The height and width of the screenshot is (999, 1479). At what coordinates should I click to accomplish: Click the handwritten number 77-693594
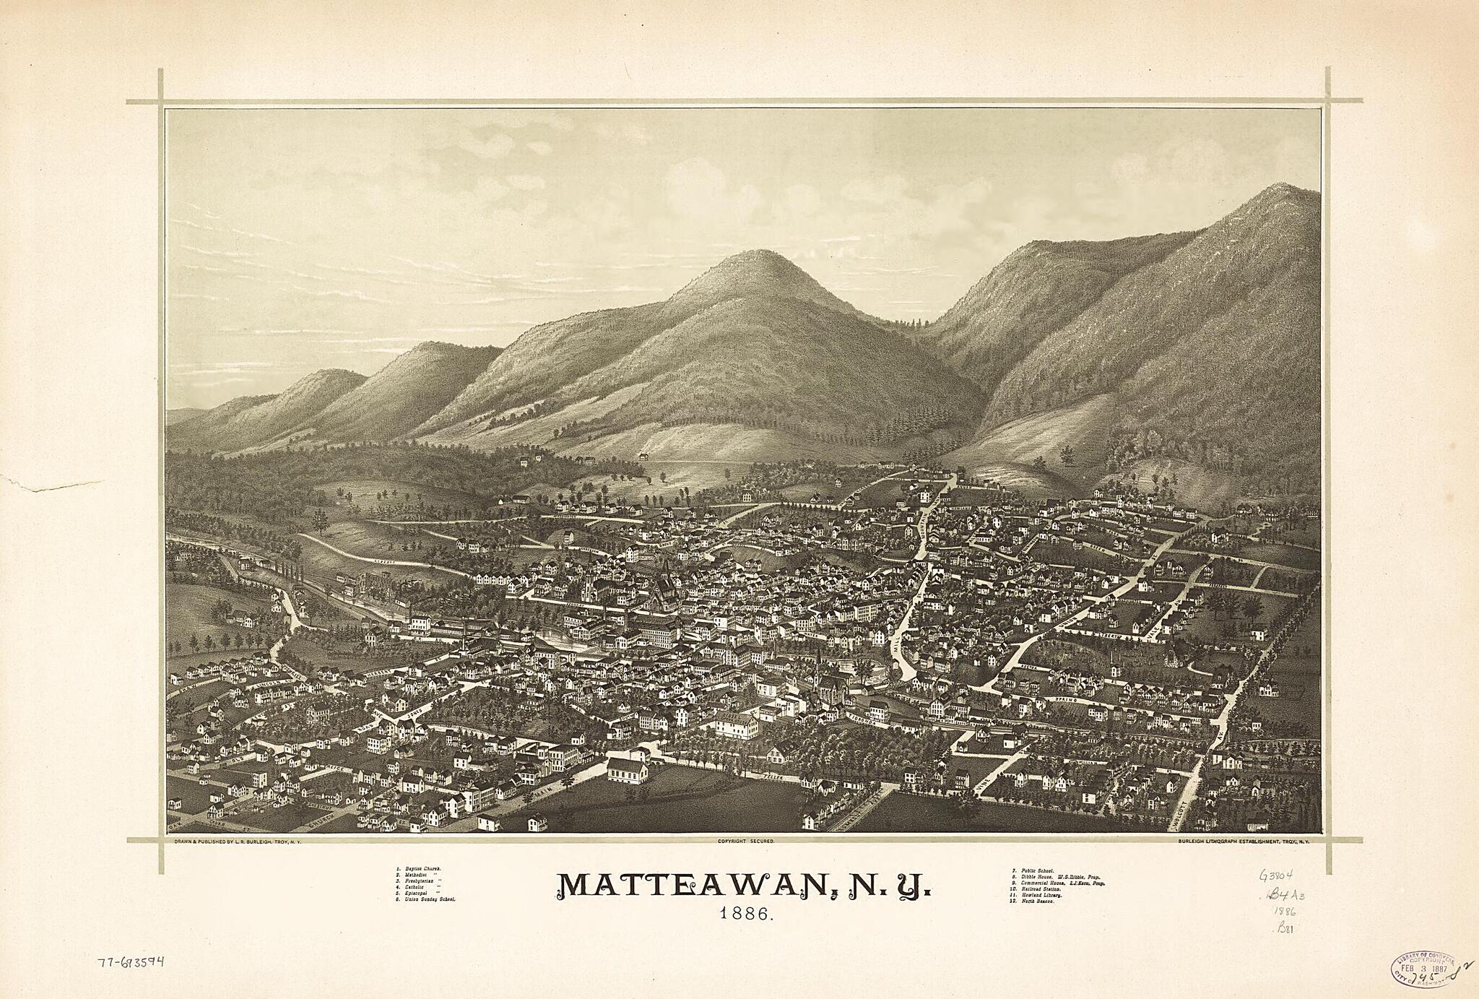click(130, 962)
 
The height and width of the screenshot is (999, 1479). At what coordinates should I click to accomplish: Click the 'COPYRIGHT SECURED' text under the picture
click(745, 842)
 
